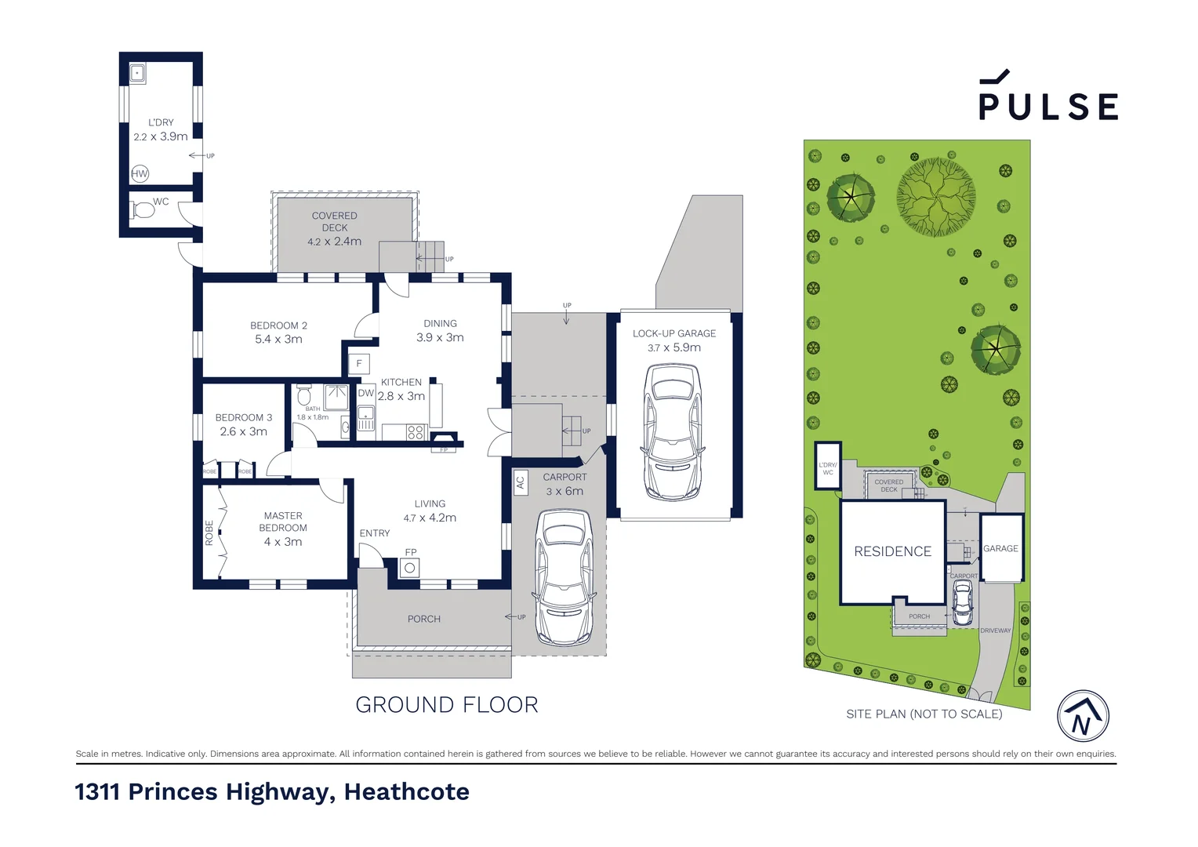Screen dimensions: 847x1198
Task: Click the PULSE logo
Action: point(1047,97)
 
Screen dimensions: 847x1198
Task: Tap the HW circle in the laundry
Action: point(140,174)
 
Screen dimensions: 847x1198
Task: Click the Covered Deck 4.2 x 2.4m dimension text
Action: point(334,242)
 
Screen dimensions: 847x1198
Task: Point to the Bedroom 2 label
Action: point(278,325)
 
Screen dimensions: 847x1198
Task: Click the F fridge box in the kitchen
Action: point(359,364)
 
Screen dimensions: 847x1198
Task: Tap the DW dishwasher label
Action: point(365,394)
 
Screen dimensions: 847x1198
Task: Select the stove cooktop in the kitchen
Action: point(416,432)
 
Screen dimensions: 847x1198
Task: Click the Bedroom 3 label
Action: point(243,418)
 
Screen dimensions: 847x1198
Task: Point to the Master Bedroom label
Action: point(283,522)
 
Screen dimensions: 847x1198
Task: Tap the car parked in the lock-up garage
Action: point(673,431)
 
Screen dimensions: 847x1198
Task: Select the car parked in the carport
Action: point(563,576)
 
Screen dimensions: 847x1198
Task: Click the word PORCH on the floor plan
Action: point(423,620)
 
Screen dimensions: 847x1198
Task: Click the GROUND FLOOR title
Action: point(446,705)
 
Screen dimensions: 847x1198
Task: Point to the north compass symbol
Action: point(1083,716)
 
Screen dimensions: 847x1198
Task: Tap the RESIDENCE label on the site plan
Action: point(892,552)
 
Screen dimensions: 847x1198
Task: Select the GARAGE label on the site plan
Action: point(1000,549)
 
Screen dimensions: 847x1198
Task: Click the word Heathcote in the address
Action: point(406,792)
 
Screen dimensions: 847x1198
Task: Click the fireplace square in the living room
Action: point(409,568)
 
